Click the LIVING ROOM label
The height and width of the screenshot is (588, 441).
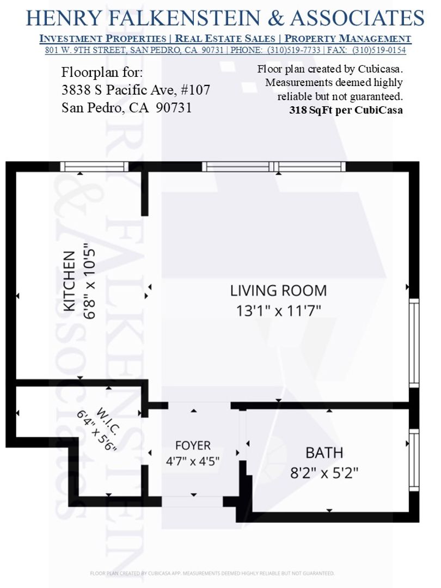pos(278,291)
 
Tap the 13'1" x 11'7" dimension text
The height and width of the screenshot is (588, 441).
pos(278,311)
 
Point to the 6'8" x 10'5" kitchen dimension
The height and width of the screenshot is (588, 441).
pos(89,281)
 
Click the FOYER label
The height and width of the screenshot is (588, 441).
pos(193,445)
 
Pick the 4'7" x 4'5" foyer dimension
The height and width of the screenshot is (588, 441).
pos(193,461)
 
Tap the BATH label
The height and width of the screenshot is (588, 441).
pos(324,453)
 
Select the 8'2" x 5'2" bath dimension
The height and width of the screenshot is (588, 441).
pos(324,473)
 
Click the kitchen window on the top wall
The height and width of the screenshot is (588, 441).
pos(95,167)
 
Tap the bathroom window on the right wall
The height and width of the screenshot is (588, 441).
pos(414,460)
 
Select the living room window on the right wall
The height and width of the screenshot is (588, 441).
pos(414,343)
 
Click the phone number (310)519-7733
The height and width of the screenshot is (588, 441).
pos(293,50)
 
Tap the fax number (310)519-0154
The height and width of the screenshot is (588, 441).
pos(379,50)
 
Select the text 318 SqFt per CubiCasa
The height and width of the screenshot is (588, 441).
pos(346,110)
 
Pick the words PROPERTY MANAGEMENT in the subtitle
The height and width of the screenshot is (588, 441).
pos(348,38)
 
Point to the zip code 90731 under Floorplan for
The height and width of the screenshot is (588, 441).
pos(174,108)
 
